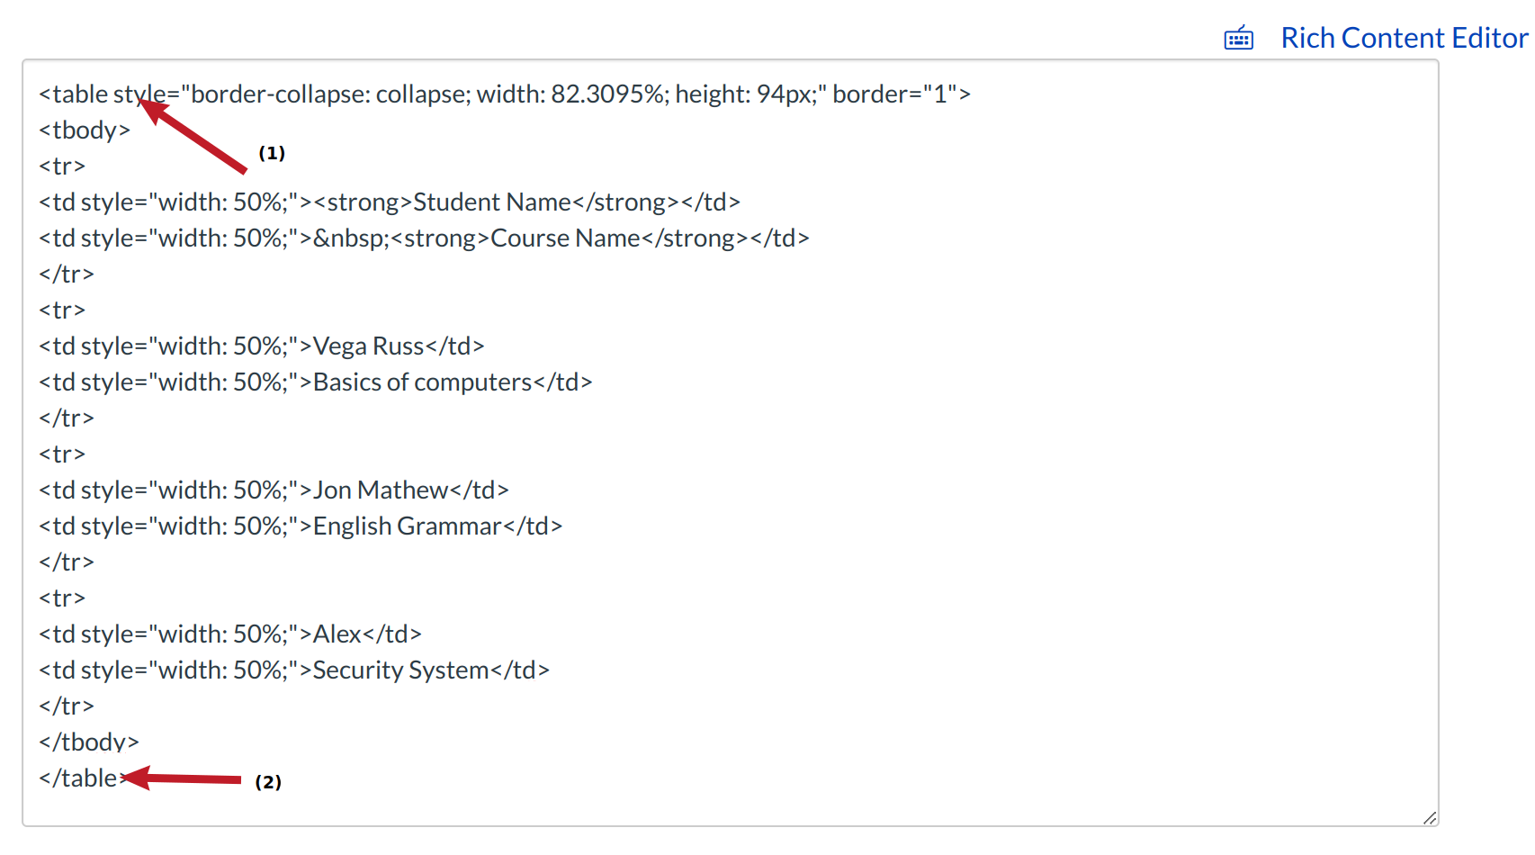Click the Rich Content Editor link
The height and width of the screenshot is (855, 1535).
tap(1404, 38)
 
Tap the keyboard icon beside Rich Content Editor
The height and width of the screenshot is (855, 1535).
tap(1239, 38)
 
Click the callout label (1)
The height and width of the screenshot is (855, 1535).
tap(272, 153)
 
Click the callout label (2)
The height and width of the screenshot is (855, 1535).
tap(268, 782)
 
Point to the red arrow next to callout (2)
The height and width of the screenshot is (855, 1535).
tap(184, 778)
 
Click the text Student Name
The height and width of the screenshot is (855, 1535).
tap(492, 202)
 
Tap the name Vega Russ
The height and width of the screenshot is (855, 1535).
tap(368, 346)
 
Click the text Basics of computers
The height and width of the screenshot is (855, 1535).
tap(422, 382)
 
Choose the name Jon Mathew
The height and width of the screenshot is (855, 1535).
tap(381, 490)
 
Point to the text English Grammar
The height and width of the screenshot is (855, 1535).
tap(407, 526)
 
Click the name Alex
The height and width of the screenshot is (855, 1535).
tap(337, 634)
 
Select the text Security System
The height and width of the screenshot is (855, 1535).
tap(400, 670)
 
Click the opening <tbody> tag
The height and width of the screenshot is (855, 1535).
tap(85, 130)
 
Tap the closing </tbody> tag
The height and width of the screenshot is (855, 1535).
tap(89, 742)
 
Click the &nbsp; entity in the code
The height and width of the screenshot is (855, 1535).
tap(352, 238)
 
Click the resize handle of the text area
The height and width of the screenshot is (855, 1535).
tap(1429, 817)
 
